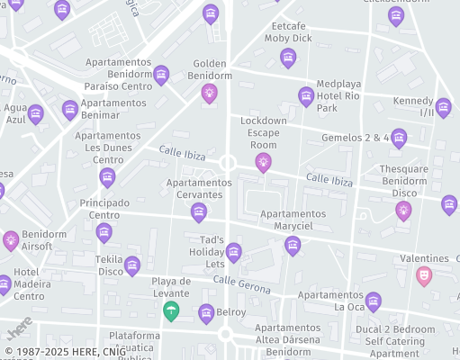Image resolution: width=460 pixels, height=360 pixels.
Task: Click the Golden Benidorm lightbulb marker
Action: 209,92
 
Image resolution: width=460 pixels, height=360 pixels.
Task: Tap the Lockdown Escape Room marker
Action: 263,161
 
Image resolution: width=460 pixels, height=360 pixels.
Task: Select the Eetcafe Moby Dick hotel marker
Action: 288,58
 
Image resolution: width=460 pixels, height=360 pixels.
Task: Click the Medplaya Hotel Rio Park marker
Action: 306,95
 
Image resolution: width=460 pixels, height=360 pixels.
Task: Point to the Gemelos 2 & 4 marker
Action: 399,138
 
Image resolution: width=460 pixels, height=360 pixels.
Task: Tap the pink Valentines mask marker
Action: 424,275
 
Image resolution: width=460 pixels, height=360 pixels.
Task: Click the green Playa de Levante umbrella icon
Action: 171,310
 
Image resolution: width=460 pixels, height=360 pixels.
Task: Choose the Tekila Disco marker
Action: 132,265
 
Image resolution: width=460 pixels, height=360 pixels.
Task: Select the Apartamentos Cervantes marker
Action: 199,212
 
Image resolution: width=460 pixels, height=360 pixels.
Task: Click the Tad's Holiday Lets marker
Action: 234,252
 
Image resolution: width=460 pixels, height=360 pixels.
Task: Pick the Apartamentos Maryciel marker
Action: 293,245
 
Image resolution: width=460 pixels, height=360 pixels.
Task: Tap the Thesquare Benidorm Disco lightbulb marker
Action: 403,210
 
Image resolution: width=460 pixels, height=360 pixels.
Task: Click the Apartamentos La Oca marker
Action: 374,301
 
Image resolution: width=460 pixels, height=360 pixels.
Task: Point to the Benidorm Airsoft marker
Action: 11,239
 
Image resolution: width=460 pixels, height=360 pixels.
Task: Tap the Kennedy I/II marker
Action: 443,107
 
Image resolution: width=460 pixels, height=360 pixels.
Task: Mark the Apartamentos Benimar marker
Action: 70,110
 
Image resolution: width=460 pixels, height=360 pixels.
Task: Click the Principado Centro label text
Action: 104,209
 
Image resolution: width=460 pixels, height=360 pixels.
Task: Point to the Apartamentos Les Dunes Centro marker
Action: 107,176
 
